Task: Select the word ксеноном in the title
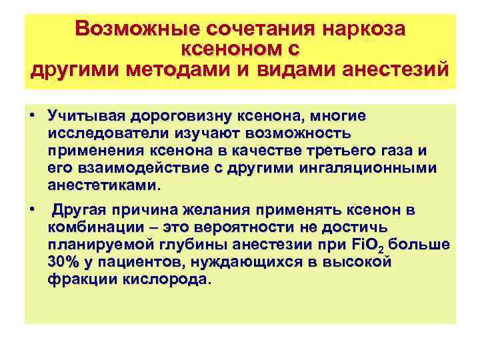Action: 233,49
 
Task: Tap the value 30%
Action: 64,262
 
